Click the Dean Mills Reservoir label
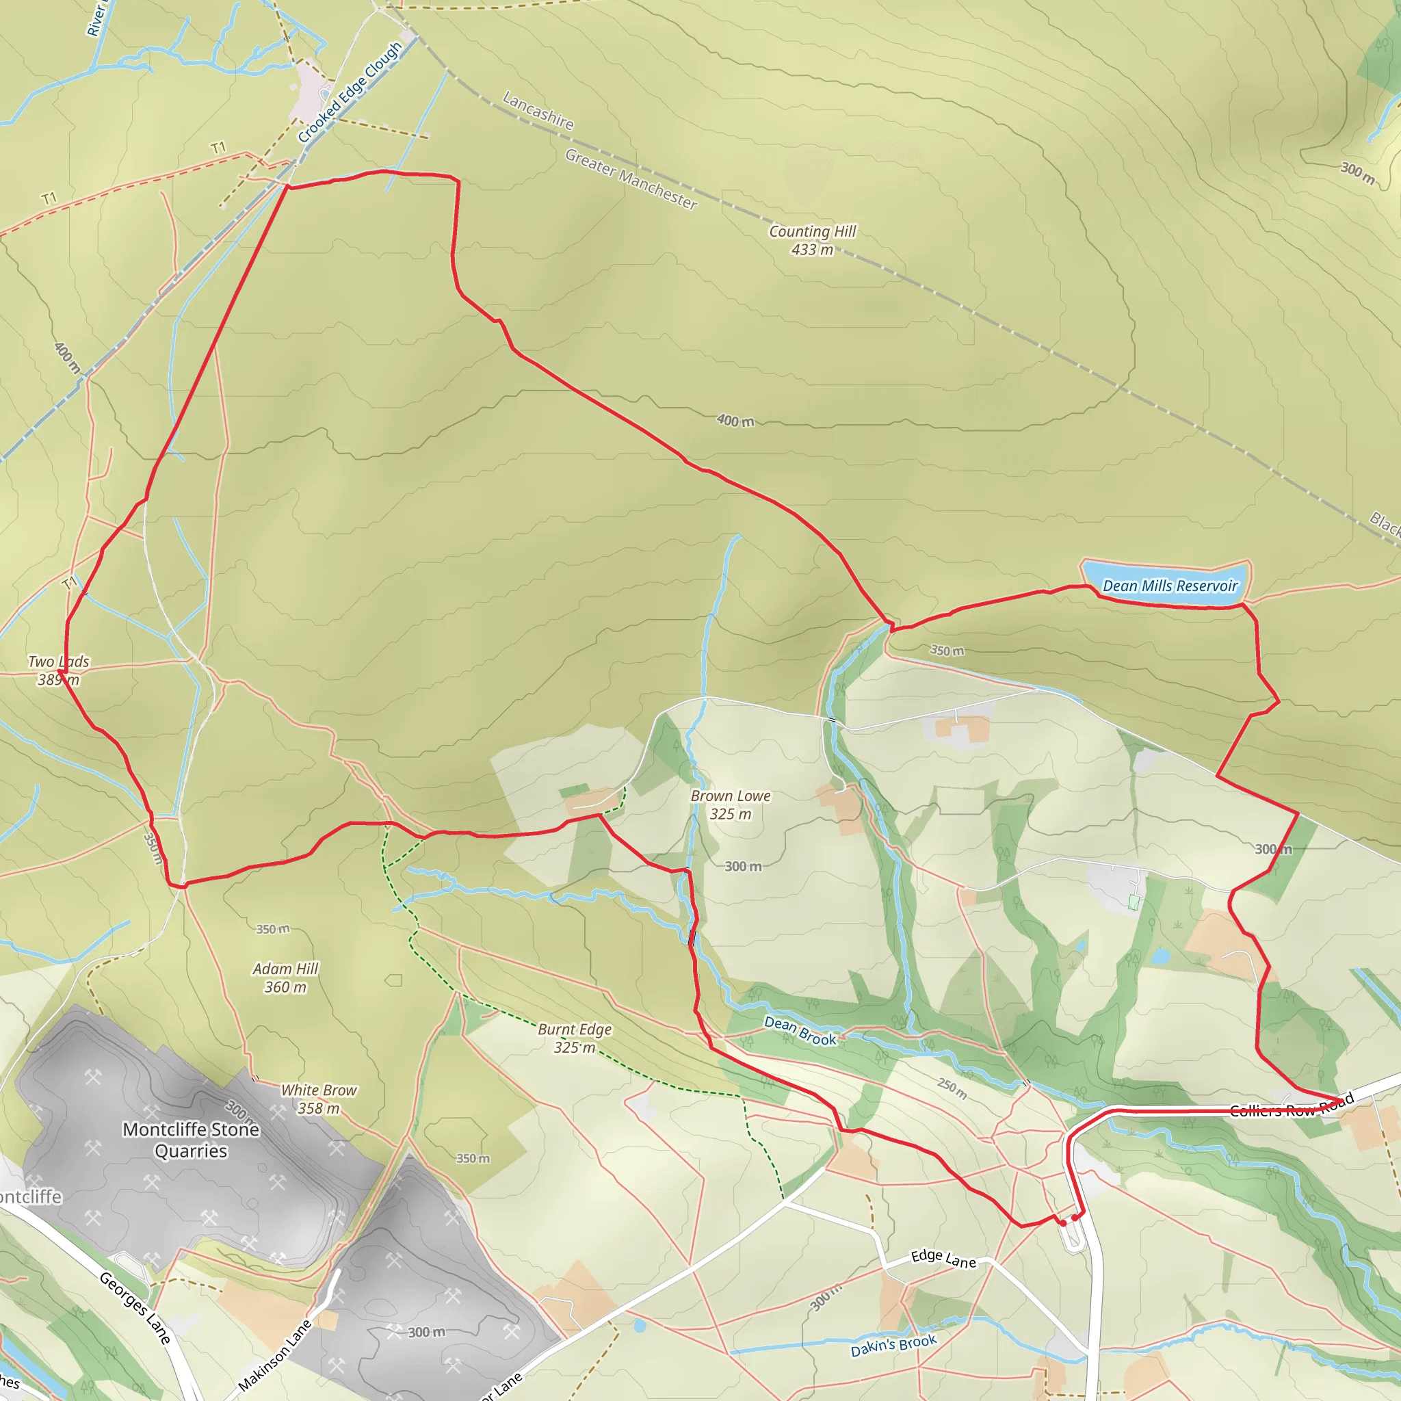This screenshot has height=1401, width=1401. (x=1170, y=586)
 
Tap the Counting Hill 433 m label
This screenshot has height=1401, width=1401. (x=812, y=240)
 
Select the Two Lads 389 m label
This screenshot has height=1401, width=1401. (x=59, y=670)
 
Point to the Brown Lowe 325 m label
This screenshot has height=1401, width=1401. (x=730, y=805)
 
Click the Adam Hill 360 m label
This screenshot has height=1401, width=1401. (x=286, y=978)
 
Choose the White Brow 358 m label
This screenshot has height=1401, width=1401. (x=318, y=1099)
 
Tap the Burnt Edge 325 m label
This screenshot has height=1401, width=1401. (x=575, y=1038)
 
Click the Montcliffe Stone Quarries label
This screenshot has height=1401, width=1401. (x=191, y=1140)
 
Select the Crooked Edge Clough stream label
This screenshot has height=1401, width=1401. (x=350, y=92)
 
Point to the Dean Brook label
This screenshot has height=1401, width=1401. (x=800, y=1030)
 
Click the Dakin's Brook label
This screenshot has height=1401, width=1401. (x=893, y=1345)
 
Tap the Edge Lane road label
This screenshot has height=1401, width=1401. (x=943, y=1259)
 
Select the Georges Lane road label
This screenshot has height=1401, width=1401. (x=135, y=1307)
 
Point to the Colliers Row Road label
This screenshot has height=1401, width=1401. (x=1292, y=1108)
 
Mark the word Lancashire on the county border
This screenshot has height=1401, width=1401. (x=538, y=111)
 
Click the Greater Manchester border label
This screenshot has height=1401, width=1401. (x=631, y=179)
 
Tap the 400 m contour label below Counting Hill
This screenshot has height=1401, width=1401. (x=735, y=421)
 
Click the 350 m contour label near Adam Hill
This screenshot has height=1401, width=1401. (x=273, y=929)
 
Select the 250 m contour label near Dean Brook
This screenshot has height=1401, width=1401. (x=952, y=1088)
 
